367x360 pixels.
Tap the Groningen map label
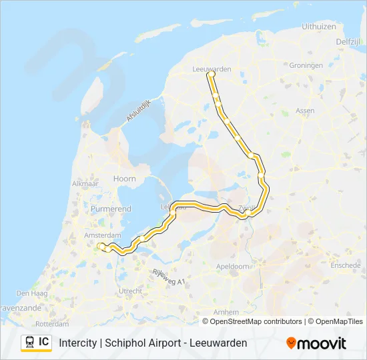point(306,65)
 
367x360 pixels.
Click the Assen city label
point(305,111)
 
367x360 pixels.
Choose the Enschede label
point(345,265)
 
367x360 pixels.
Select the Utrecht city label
point(129,291)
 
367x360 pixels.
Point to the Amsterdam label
point(103,236)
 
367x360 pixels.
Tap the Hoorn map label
point(125,179)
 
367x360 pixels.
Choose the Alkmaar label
point(85,183)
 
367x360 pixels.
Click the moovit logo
point(316,343)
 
